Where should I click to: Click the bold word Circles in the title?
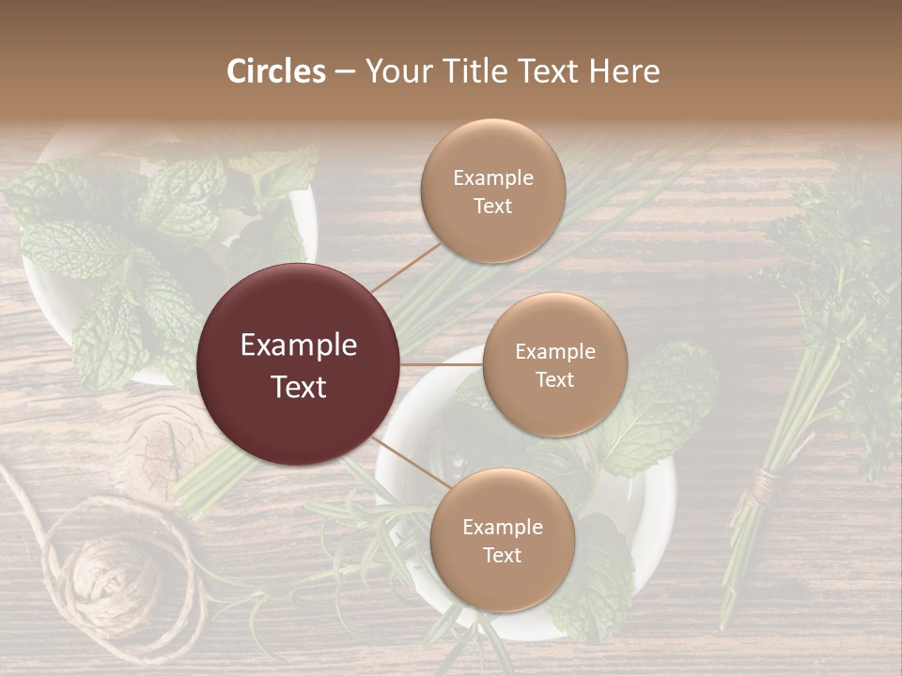pyautogui.click(x=275, y=71)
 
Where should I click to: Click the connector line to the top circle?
pyautogui.click(x=404, y=267)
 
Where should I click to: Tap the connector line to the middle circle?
pyautogui.click(x=442, y=363)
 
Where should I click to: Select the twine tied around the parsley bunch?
pyautogui.click(x=763, y=484)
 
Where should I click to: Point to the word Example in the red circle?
pyautogui.click(x=299, y=346)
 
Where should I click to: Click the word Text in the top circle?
pyautogui.click(x=492, y=207)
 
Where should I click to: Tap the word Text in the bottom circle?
pyautogui.click(x=502, y=556)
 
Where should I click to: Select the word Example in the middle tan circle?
pyautogui.click(x=554, y=352)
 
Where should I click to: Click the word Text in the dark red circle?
pyautogui.click(x=299, y=387)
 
